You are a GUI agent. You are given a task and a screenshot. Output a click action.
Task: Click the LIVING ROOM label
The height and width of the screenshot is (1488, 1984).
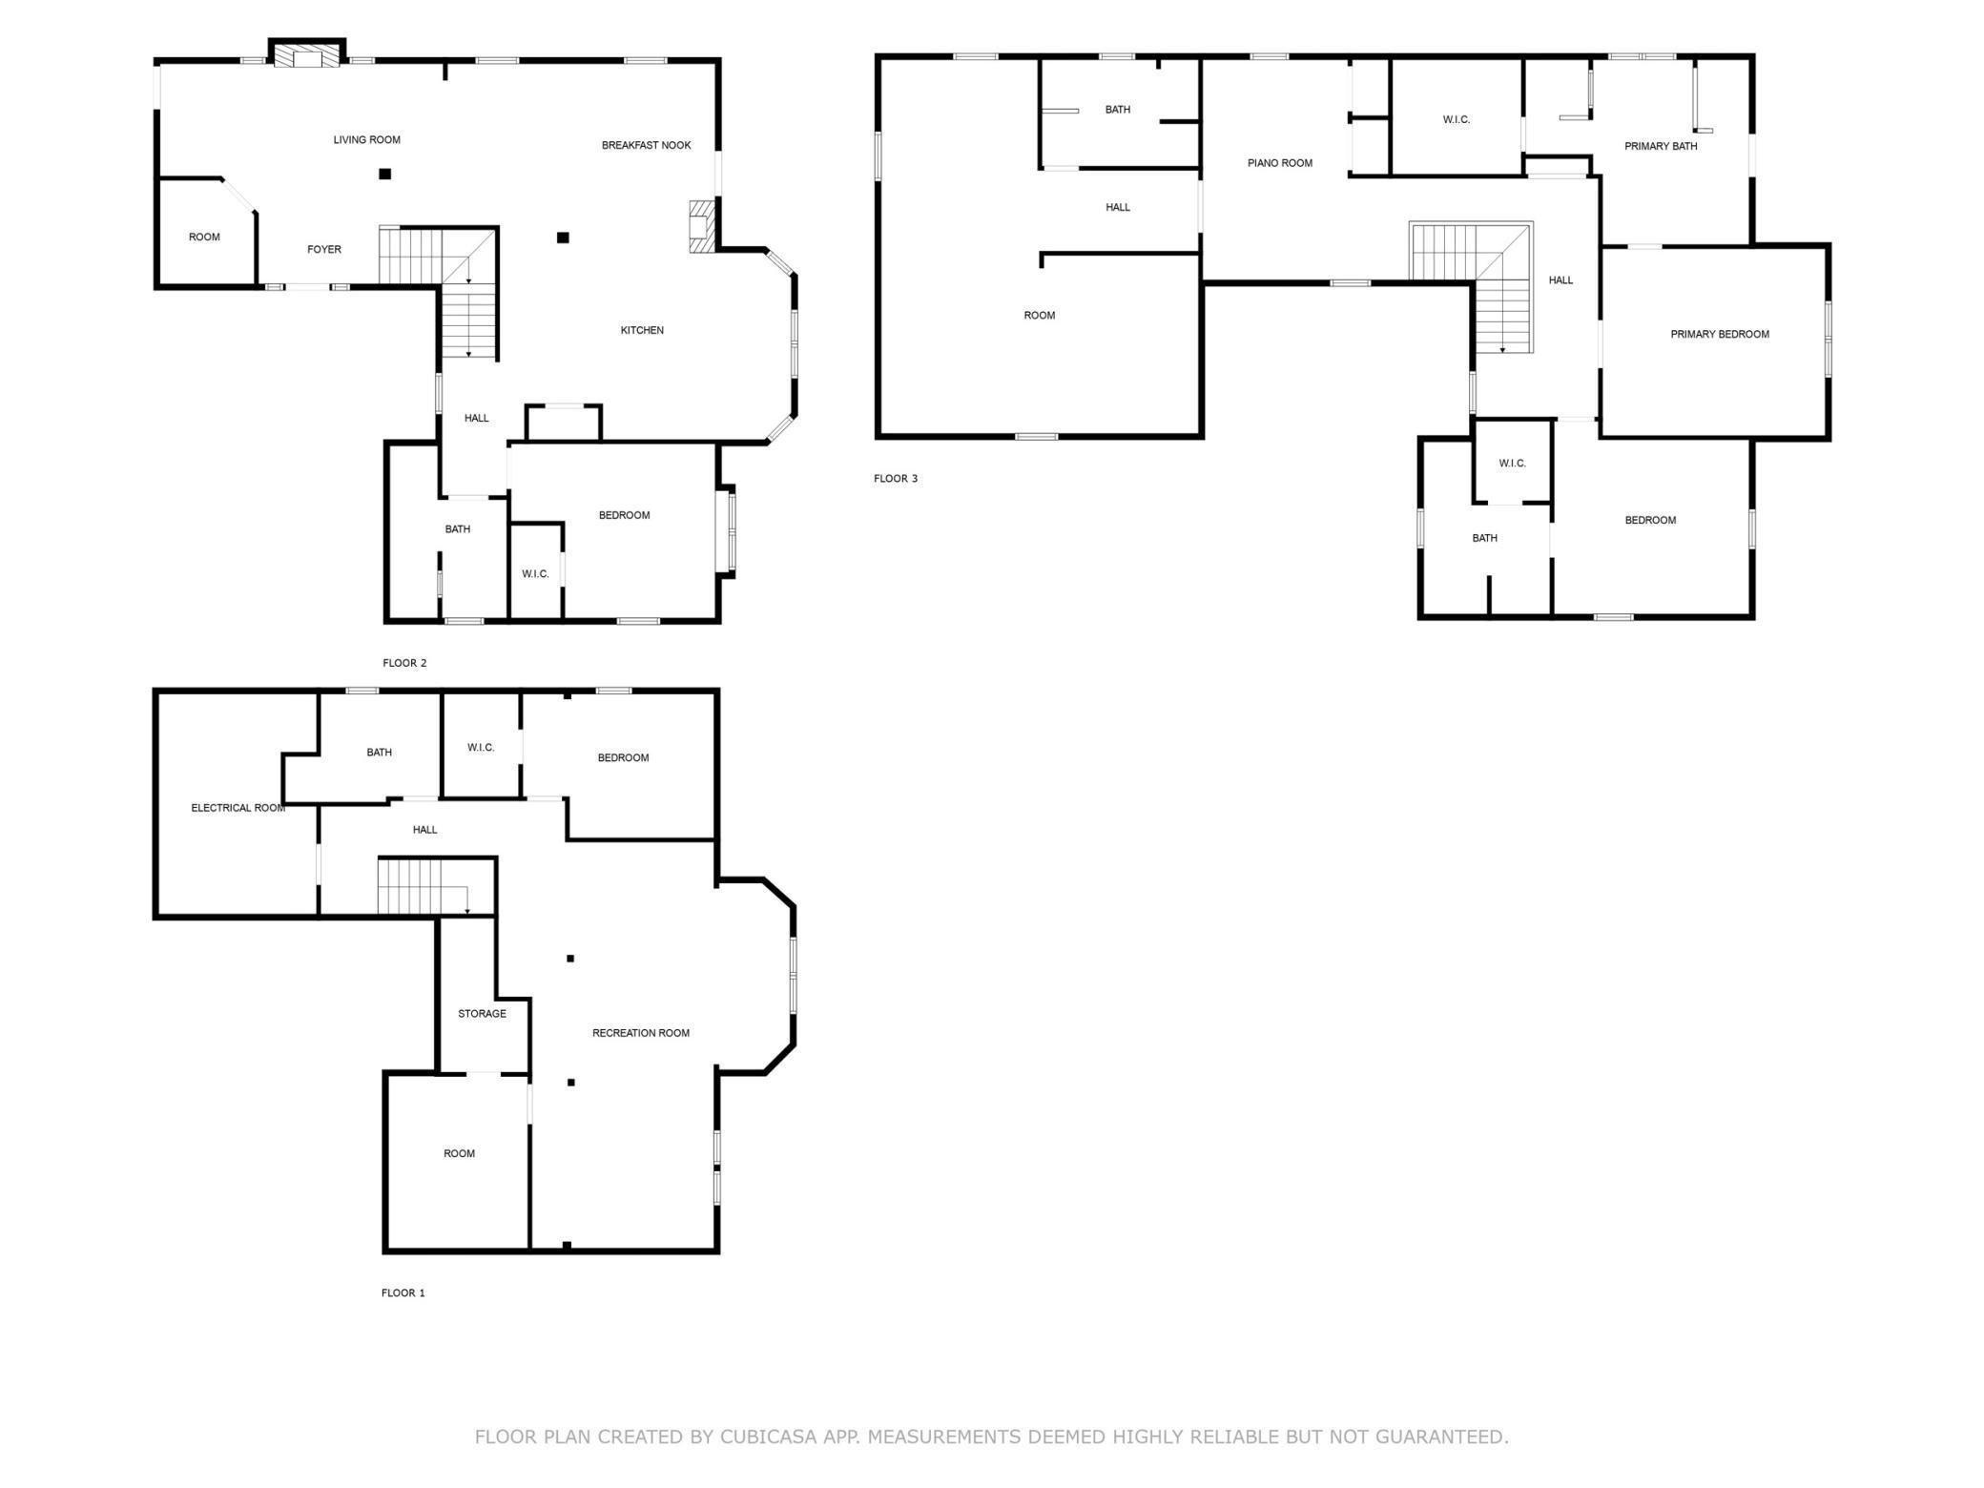(x=366, y=140)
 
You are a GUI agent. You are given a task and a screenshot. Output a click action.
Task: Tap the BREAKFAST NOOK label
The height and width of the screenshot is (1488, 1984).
(x=646, y=146)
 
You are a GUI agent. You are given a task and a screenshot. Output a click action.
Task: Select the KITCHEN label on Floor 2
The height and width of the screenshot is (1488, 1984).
(x=642, y=331)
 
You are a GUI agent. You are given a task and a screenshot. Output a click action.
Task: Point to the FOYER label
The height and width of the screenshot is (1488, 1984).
(x=323, y=250)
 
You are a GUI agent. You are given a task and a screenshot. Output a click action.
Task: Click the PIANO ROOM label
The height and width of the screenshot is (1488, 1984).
(x=1279, y=164)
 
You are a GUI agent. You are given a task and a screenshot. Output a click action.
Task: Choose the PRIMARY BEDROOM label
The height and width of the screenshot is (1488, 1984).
(x=1719, y=335)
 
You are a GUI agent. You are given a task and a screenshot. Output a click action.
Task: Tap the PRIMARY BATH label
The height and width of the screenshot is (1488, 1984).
(x=1660, y=147)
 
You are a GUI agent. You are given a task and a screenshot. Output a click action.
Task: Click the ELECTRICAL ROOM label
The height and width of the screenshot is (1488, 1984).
(x=238, y=809)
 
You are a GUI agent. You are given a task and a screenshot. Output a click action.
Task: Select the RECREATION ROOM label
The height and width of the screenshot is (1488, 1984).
(x=640, y=1033)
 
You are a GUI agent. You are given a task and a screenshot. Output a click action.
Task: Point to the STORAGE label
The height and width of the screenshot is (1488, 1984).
(x=482, y=1014)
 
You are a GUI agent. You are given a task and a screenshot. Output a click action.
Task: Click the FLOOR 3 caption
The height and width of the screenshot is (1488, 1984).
(x=895, y=479)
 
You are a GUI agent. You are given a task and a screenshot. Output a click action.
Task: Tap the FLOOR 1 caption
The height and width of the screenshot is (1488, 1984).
(x=403, y=1293)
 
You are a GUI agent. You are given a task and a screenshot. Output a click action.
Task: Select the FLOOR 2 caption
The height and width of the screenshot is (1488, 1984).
(x=404, y=664)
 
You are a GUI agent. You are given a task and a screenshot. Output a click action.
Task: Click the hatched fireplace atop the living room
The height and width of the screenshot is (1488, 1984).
(x=307, y=57)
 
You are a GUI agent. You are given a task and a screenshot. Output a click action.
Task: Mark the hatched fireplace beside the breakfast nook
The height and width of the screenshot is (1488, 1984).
(x=701, y=226)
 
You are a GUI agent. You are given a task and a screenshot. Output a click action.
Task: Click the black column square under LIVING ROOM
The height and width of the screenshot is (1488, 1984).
(x=384, y=175)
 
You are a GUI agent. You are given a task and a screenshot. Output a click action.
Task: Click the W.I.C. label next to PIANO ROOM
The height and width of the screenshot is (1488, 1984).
(x=1456, y=120)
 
